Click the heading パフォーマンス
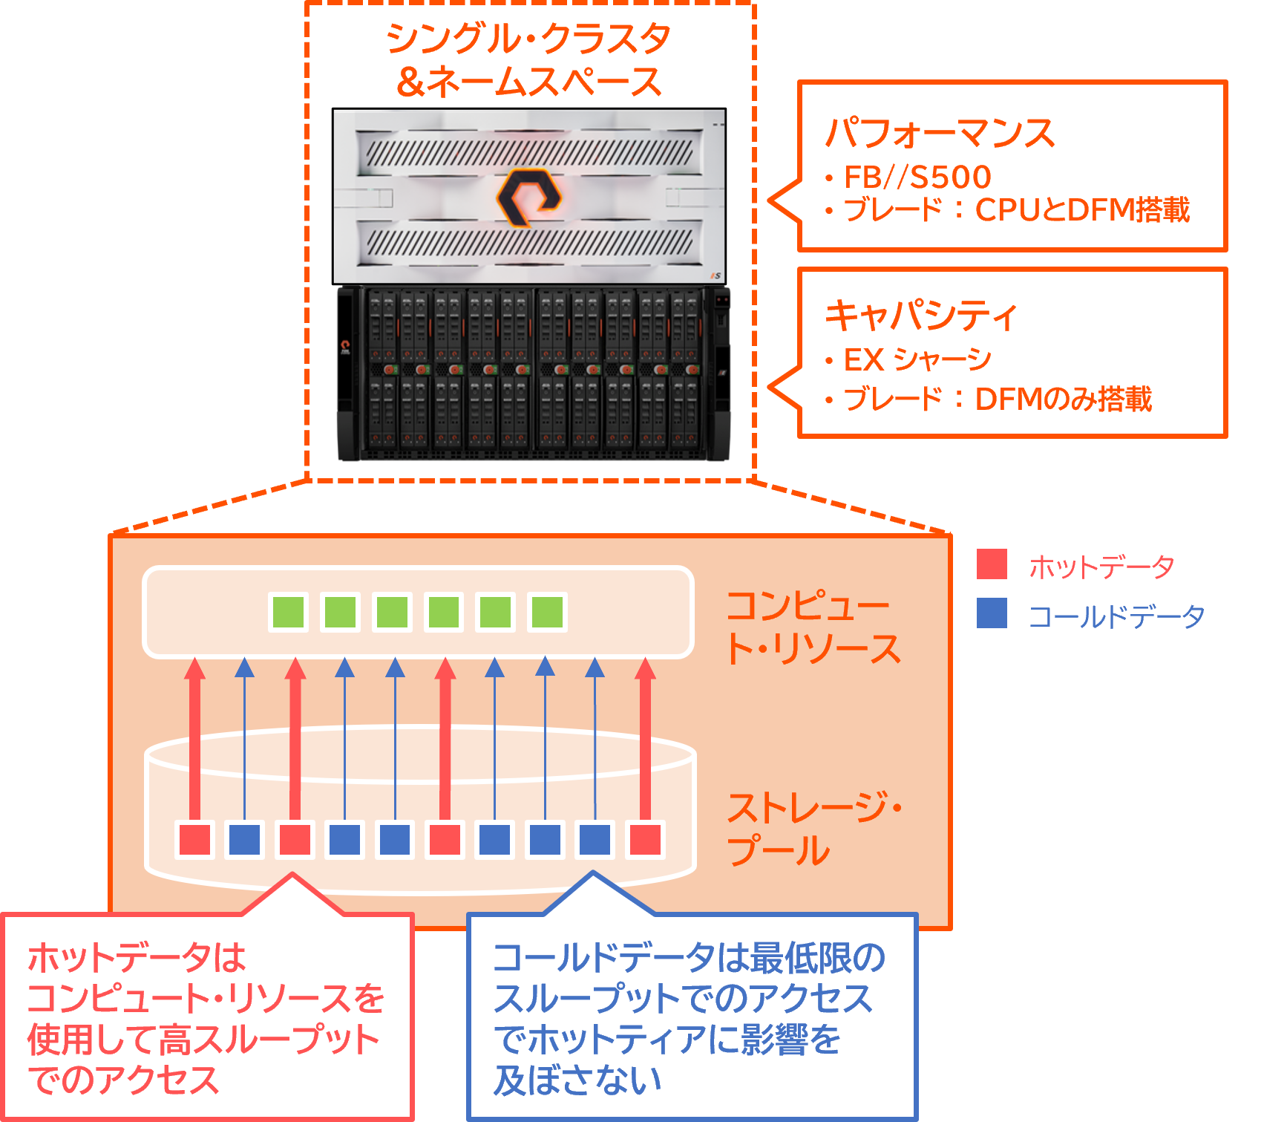(940, 133)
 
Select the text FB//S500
(917, 177)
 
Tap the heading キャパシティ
(921, 315)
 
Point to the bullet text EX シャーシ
(917, 359)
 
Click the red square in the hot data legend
(992, 564)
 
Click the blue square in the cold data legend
(992, 613)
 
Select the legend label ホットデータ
(1101, 567)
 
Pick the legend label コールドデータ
(1116, 616)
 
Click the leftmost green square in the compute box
(289, 612)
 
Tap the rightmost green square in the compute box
(548, 612)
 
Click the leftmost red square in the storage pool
(194, 839)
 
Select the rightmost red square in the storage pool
(645, 839)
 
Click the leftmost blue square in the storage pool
(245, 839)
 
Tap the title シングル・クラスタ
(528, 39)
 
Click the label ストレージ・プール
(813, 829)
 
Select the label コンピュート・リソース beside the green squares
(813, 627)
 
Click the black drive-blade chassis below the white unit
(533, 374)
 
